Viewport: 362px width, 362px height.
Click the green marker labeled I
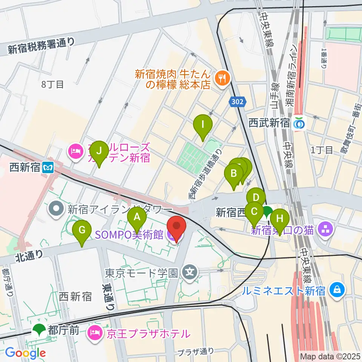203,125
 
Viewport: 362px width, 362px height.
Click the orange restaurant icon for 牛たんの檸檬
221,78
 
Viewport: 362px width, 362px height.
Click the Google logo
25,353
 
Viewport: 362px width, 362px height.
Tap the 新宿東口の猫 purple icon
324,229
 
